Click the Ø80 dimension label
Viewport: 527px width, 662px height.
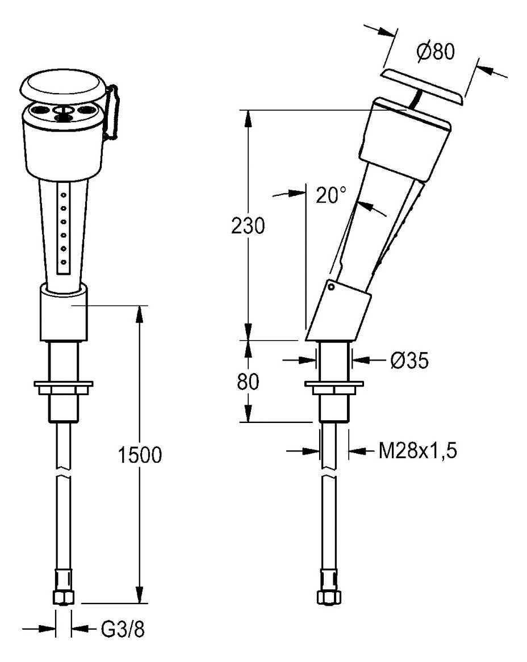click(436, 52)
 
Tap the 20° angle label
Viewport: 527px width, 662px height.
click(331, 195)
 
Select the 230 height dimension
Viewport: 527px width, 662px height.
click(248, 226)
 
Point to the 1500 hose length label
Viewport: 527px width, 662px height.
click(140, 455)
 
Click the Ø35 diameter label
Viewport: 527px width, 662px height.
click(409, 360)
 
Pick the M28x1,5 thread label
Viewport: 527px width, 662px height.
click(417, 451)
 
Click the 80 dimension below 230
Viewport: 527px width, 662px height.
click(248, 382)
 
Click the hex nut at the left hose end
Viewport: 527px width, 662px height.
click(64, 597)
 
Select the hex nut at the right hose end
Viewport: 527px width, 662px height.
click(329, 597)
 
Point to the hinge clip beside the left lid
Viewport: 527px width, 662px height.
click(112, 112)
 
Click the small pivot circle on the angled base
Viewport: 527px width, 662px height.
click(332, 287)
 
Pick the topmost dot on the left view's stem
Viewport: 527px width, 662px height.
click(64, 195)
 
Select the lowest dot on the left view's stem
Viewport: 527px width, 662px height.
click(64, 262)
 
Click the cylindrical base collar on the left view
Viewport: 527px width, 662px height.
click(64, 312)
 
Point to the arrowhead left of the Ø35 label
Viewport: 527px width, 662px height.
click(309, 360)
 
